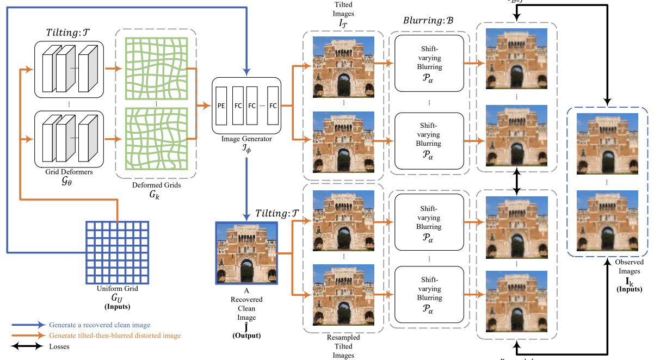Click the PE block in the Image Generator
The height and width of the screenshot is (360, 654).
point(221,105)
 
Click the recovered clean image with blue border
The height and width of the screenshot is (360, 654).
point(246,253)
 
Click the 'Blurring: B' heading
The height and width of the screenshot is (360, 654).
point(429,20)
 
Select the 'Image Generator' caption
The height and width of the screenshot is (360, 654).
point(246,139)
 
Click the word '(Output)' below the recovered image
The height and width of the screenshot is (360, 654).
point(246,336)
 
